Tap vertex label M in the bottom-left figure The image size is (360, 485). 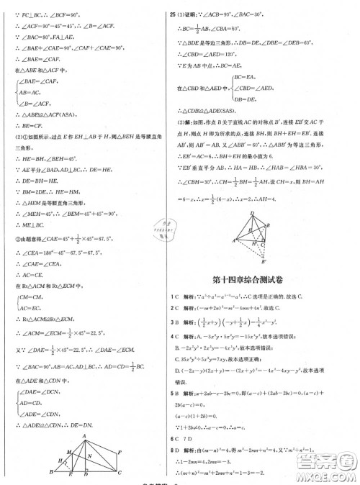point(68,448)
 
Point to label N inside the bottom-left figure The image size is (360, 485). point(89,453)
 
